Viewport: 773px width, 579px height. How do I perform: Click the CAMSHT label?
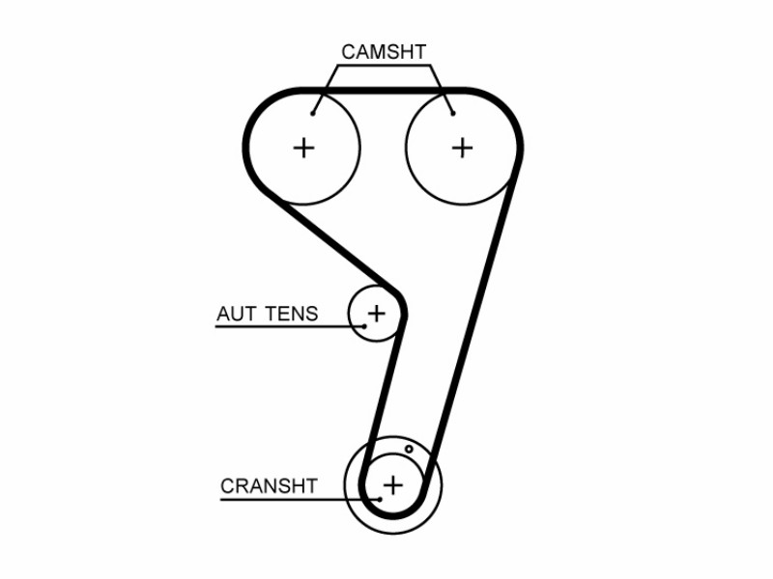(x=384, y=52)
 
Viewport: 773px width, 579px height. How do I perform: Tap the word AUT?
(x=235, y=314)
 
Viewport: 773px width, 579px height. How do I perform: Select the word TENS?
(x=292, y=314)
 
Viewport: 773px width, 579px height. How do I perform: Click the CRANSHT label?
(x=269, y=486)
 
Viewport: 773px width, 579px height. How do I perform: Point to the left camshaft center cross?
(x=303, y=148)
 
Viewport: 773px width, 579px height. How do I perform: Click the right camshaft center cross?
(x=463, y=148)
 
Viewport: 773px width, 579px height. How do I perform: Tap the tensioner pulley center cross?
(x=377, y=313)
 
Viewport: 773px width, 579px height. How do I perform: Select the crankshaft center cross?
(x=393, y=485)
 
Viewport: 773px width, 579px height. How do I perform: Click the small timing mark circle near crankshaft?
(x=409, y=449)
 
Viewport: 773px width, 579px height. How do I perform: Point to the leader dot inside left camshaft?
(x=312, y=114)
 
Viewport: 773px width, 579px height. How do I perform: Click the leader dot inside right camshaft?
(x=453, y=114)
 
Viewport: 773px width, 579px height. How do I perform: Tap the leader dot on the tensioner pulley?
(x=364, y=326)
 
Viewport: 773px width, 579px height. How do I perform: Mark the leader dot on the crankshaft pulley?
(x=380, y=499)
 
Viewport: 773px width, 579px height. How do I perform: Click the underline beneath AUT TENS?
(x=290, y=326)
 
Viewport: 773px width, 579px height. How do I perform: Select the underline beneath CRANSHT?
(x=301, y=500)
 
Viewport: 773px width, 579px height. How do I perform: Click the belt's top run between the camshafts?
(x=383, y=91)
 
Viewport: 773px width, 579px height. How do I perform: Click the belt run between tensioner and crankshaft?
(x=384, y=399)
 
